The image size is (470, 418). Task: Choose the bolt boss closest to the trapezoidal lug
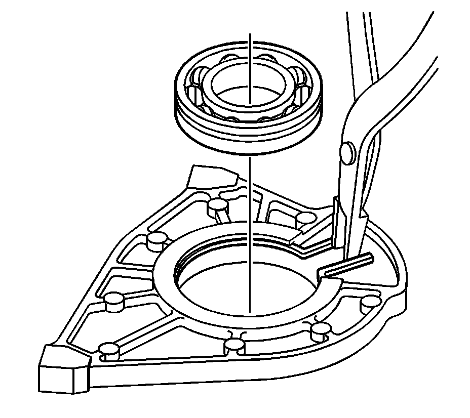(x=217, y=204)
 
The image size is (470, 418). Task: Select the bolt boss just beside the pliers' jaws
(x=305, y=218)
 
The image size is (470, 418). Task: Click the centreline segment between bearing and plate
(x=250, y=192)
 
